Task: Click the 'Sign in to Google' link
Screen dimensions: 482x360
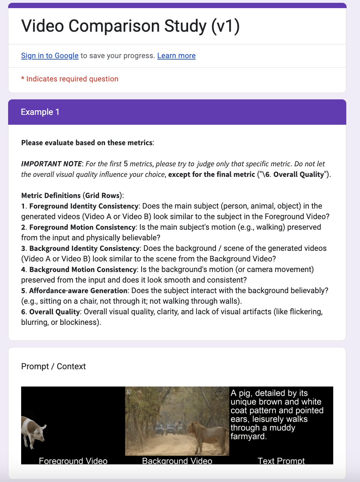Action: (x=50, y=56)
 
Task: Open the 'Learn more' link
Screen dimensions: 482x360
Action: (x=176, y=56)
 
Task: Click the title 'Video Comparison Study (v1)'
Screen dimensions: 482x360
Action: (x=130, y=26)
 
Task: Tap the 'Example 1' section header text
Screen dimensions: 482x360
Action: (x=40, y=112)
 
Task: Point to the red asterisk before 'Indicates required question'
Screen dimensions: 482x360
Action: (x=23, y=79)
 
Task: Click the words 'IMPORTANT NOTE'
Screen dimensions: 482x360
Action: (x=51, y=164)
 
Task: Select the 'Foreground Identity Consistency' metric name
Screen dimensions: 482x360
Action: (x=84, y=206)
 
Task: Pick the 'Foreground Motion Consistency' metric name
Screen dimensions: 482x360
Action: (x=82, y=227)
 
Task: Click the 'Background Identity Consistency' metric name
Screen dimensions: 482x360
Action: (x=85, y=248)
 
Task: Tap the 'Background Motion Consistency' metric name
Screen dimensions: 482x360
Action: (x=83, y=270)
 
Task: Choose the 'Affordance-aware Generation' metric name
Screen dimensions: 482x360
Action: (x=78, y=291)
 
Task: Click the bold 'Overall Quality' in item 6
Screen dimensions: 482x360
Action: (x=55, y=312)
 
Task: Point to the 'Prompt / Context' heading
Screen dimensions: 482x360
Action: (x=53, y=366)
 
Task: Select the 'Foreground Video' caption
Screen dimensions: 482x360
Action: (x=73, y=461)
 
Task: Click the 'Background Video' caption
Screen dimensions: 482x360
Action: (x=177, y=461)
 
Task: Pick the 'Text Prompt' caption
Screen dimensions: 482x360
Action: (x=281, y=461)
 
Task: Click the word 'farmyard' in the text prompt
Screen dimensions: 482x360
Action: (x=248, y=437)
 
